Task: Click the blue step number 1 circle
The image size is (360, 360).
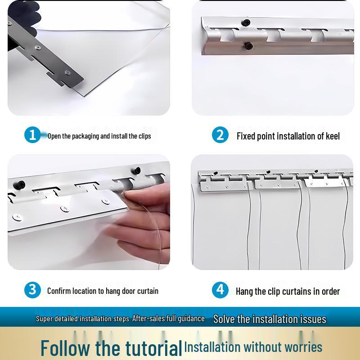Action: tap(32, 135)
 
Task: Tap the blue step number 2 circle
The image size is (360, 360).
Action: tap(220, 135)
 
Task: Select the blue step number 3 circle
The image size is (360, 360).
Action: tap(32, 290)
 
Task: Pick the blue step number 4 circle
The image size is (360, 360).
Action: tap(220, 290)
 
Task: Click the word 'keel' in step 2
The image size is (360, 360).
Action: tap(333, 136)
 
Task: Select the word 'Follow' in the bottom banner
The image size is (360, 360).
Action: tap(65, 348)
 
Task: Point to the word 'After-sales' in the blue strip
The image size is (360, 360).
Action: tap(148, 319)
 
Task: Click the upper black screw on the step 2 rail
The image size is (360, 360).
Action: tap(246, 23)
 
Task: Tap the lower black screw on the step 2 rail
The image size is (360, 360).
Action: tap(248, 46)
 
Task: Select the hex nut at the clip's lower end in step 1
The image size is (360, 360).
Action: tap(67, 73)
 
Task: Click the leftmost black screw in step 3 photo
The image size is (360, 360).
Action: tap(19, 185)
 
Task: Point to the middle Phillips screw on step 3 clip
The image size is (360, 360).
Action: tap(65, 208)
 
